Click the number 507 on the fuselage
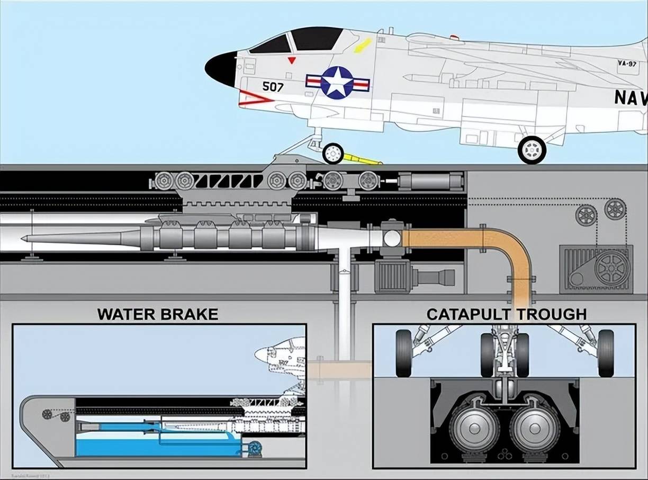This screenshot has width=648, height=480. [273, 87]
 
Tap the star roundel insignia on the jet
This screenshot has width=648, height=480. [337, 82]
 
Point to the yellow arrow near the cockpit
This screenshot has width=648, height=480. [362, 46]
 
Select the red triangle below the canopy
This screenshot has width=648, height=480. [291, 60]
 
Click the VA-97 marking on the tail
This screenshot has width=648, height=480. [627, 64]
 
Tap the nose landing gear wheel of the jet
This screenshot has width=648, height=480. [333, 153]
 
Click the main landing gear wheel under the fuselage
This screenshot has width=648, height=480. [532, 150]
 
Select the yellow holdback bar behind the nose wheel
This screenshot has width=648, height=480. [362, 158]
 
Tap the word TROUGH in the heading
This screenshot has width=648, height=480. [552, 314]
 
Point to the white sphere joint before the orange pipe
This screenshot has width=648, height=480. [392, 238]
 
